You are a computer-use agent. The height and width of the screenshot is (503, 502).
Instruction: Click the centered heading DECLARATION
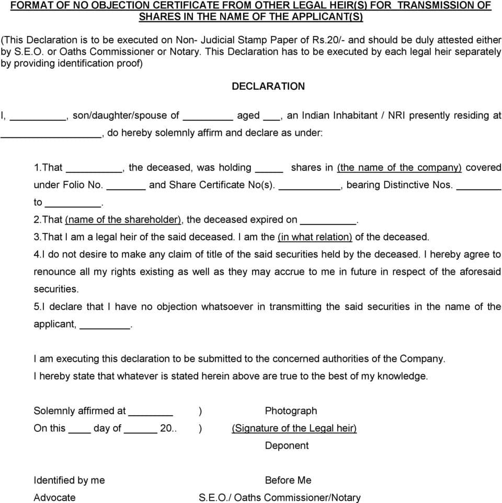[268, 86]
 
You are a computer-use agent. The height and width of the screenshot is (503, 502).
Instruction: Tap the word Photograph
[291, 411]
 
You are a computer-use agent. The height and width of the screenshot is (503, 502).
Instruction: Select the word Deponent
[287, 446]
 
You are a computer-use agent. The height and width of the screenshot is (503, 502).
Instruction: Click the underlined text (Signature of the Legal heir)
[294, 428]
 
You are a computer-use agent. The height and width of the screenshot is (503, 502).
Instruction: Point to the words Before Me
[288, 480]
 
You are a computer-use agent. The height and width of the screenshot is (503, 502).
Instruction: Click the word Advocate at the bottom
[54, 497]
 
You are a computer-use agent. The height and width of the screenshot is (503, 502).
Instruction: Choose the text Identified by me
[69, 480]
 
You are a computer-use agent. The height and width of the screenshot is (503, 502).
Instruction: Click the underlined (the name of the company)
[400, 168]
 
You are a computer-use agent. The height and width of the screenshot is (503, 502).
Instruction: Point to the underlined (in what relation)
[315, 237]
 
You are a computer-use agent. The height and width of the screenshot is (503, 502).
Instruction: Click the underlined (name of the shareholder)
[123, 219]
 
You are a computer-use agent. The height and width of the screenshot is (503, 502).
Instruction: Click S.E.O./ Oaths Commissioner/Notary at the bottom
[279, 497]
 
